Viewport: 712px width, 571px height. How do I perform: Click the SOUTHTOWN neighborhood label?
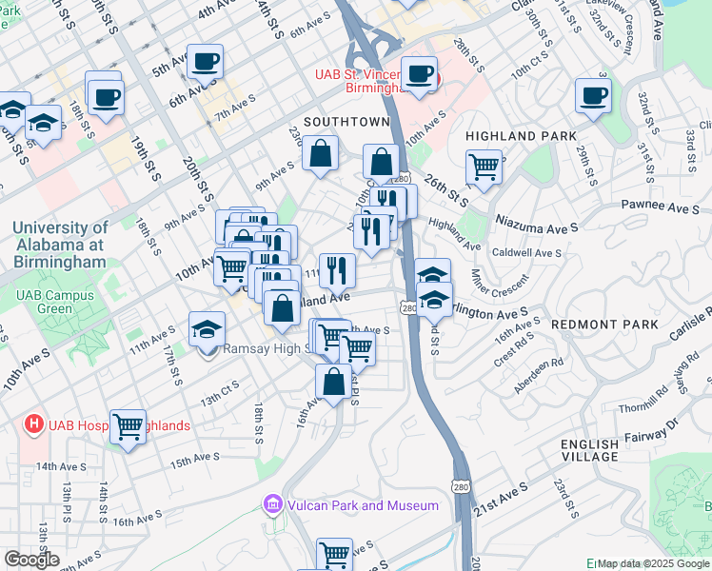pyautogui.click(x=346, y=122)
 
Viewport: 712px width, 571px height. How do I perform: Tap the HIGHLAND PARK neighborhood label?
pyautogui.click(x=520, y=136)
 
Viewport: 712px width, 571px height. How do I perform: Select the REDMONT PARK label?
pyautogui.click(x=604, y=325)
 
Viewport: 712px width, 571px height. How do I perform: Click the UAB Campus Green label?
pyautogui.click(x=55, y=302)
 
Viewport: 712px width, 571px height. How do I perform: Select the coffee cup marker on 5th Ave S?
pyautogui.click(x=205, y=63)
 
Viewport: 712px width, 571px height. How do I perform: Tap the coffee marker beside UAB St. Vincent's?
pyautogui.click(x=418, y=75)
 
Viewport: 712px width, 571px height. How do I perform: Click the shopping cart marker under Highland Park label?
pyautogui.click(x=485, y=167)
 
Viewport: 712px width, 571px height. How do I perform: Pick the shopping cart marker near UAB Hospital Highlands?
pyautogui.click(x=128, y=427)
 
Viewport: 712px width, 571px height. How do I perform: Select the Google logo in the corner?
pyautogui.click(x=32, y=560)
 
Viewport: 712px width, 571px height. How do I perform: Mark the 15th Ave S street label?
pyautogui.click(x=194, y=459)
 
